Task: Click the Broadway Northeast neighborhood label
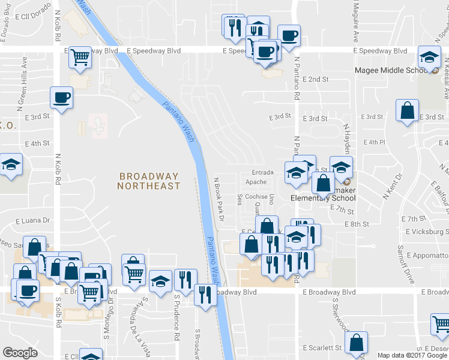pyautogui.click(x=149, y=181)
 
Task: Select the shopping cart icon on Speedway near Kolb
pyautogui.click(x=80, y=58)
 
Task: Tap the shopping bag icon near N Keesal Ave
pyautogui.click(x=408, y=111)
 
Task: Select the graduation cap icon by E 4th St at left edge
pyautogui.click(x=11, y=166)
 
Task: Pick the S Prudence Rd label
pyautogui.click(x=177, y=317)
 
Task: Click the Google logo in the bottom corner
pyautogui.click(x=20, y=352)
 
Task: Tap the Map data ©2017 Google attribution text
pyautogui.click(x=412, y=355)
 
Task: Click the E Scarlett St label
pyautogui.click(x=322, y=347)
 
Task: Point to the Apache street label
pyautogui.click(x=256, y=182)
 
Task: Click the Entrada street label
pyautogui.click(x=262, y=172)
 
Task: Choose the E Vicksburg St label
pyautogui.click(x=427, y=232)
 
